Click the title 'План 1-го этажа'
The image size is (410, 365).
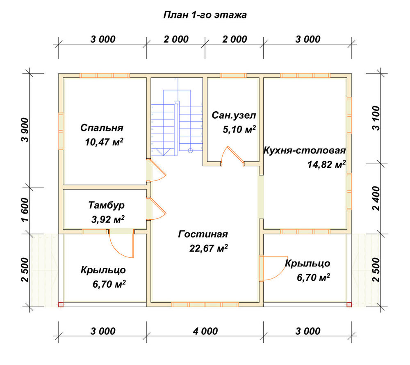pos(205,15)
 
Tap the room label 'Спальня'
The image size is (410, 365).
pos(102,128)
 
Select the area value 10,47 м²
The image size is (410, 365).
pos(104,142)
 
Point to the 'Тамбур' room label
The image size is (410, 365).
pos(107,205)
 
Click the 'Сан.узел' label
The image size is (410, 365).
pos(234,115)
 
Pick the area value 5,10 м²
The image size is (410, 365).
pos(239,129)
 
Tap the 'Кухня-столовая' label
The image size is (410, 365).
pos(305,151)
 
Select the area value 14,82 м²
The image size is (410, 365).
pos(326,164)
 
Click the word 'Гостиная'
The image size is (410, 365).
pos(203,234)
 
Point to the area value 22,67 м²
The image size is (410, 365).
pos(209,248)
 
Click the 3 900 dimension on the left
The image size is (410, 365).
pos(25,130)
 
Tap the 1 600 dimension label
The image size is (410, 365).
pos(25,210)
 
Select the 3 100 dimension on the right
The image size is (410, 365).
pos(376,118)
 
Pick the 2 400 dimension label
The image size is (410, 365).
pos(376,198)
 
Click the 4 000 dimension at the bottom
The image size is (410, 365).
pos(205,331)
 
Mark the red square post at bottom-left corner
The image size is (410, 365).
pos(61,304)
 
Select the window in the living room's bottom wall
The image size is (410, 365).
pos(205,304)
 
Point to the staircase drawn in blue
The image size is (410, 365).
pos(177,123)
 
